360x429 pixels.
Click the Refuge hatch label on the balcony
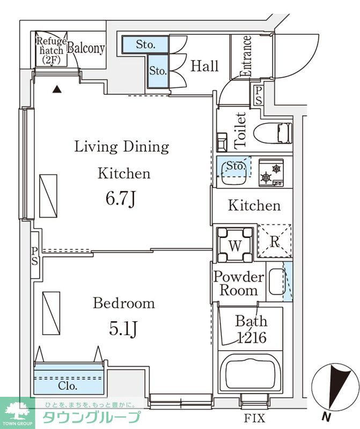pyautogui.click(x=52, y=50)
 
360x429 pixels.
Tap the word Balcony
pyautogui.click(x=86, y=48)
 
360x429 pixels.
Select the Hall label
pyautogui.click(x=204, y=66)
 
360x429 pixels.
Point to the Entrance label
pyautogui.click(x=245, y=56)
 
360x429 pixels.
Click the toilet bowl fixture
pyautogui.click(x=273, y=133)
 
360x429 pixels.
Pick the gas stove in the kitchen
pyautogui.click(x=271, y=173)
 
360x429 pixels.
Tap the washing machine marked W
pyautogui.click(x=234, y=245)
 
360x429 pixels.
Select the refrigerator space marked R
pyautogui.click(x=275, y=241)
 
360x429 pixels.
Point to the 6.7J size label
pyautogui.click(x=121, y=199)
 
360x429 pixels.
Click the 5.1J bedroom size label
pyautogui.click(x=123, y=329)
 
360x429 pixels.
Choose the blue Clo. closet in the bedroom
pyautogui.click(x=69, y=379)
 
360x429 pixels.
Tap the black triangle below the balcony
pyautogui.click(x=57, y=89)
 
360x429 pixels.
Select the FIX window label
pyautogui.click(x=255, y=418)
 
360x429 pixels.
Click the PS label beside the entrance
pyautogui.click(x=258, y=95)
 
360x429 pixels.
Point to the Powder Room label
pyautogui.click(x=239, y=284)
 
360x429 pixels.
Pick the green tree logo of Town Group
pyautogui.click(x=18, y=411)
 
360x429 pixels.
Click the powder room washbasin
pyautogui.click(x=277, y=282)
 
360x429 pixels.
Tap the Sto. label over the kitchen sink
pyautogui.click(x=235, y=166)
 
